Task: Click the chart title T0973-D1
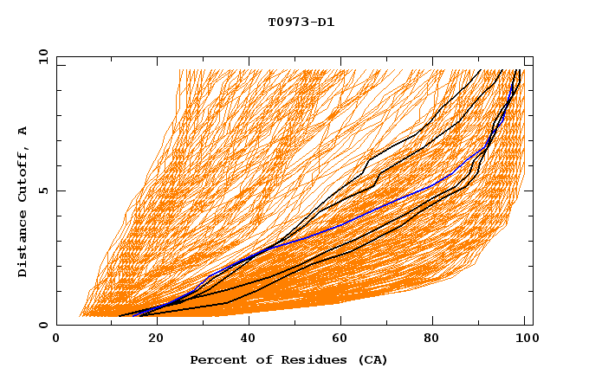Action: pyautogui.click(x=301, y=23)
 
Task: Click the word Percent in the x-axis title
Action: pyautogui.click(x=216, y=360)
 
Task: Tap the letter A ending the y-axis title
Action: pyautogui.click(x=23, y=131)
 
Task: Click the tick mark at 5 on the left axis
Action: pyautogui.click(x=60, y=190)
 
